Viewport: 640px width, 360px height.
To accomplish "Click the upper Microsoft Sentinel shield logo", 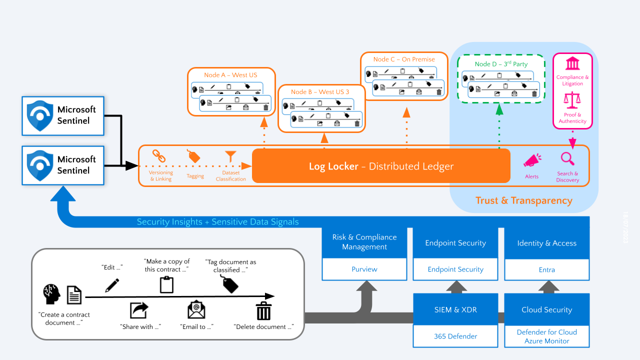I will [x=40, y=115].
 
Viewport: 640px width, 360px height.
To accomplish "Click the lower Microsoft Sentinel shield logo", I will [x=40, y=165].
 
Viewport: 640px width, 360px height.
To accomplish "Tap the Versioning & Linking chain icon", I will [x=159, y=156].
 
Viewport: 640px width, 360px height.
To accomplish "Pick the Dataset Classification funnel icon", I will [x=230, y=156].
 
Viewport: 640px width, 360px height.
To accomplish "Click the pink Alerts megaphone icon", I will [x=532, y=161].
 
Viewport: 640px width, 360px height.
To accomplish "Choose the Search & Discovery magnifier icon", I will [x=567, y=159].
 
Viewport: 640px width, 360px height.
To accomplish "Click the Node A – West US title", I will [x=230, y=75].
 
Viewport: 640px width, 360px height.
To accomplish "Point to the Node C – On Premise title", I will [x=404, y=59].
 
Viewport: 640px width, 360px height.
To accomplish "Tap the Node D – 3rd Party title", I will [x=501, y=64].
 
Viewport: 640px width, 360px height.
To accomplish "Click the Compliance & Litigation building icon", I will [x=572, y=64].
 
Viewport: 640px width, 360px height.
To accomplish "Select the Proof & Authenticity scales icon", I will [x=572, y=100].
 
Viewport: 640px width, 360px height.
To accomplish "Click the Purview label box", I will [x=364, y=269].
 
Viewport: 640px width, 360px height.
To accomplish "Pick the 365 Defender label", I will [x=455, y=336].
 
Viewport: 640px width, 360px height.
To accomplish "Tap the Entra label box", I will [x=547, y=269].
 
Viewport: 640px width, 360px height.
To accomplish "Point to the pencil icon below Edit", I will [x=112, y=285].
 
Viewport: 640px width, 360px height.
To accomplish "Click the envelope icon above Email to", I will [x=196, y=310].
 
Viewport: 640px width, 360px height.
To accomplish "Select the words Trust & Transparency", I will [x=523, y=200].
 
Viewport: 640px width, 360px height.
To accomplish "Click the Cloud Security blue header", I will [x=547, y=309].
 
